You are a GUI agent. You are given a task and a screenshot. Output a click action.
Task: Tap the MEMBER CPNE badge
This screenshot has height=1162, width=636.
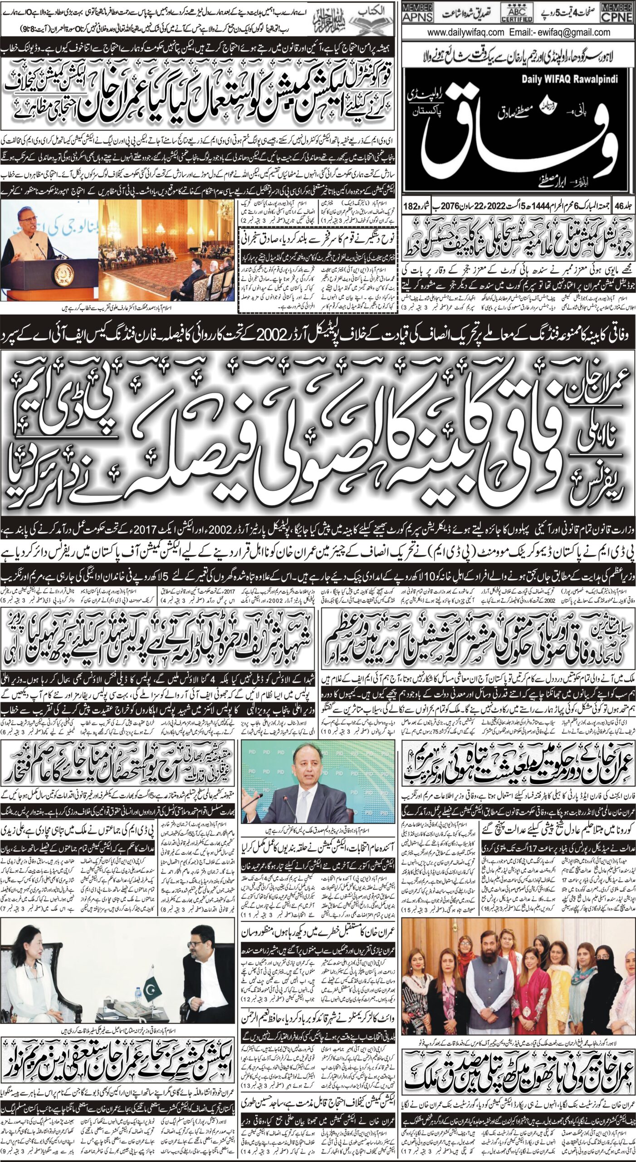point(616,13)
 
